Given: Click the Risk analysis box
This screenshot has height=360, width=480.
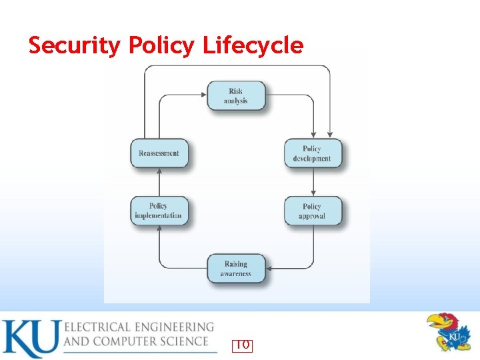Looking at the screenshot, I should pyautogui.click(x=235, y=96).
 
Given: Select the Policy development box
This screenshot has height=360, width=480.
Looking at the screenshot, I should pyautogui.click(x=312, y=153).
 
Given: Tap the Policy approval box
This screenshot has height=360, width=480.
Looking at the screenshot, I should pyautogui.click(x=312, y=211).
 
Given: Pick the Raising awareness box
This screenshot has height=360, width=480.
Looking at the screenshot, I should pyautogui.click(x=236, y=268).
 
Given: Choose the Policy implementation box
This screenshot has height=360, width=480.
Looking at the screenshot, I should pyautogui.click(x=159, y=211).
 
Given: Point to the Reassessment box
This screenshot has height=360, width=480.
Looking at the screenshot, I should pyautogui.click(x=159, y=153).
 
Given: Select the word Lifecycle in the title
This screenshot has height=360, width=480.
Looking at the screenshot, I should pyautogui.click(x=253, y=46).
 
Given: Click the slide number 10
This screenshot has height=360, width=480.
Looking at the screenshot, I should pyautogui.click(x=243, y=345).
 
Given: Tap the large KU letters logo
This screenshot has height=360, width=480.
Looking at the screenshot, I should pyautogui.click(x=30, y=339).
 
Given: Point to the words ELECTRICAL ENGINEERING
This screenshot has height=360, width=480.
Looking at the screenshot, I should pyautogui.click(x=139, y=327).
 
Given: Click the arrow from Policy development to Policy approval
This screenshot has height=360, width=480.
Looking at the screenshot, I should pyautogui.click(x=313, y=182).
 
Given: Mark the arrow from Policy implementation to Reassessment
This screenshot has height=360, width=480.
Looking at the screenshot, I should pyautogui.click(x=159, y=182).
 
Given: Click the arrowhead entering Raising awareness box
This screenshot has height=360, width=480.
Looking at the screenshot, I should pyautogui.click(x=269, y=269).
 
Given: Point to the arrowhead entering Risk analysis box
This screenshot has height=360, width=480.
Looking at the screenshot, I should pyautogui.click(x=203, y=95).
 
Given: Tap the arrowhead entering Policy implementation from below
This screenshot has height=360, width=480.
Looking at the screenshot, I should pyautogui.click(x=159, y=229).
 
